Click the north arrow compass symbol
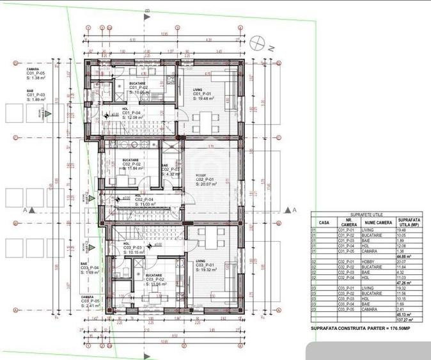[x=258, y=42]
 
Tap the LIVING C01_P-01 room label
[x=204, y=95]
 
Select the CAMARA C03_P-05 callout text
[x=92, y=301]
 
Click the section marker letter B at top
[x=146, y=11]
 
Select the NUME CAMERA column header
[x=377, y=224]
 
